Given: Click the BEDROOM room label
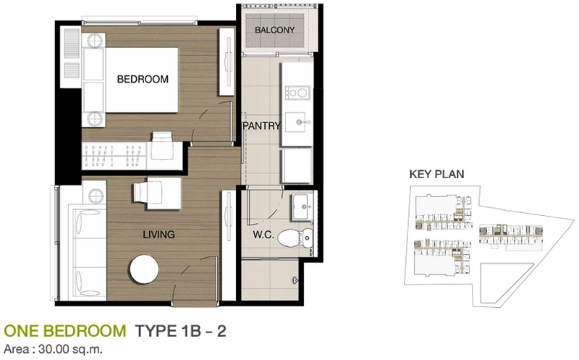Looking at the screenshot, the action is click(x=143, y=79).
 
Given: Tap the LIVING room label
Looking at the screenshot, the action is click(x=159, y=235).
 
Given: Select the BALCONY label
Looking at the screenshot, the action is click(x=275, y=30).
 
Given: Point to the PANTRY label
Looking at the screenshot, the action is click(x=262, y=126).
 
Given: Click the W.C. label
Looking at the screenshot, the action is click(x=263, y=235).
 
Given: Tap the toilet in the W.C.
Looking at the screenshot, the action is click(x=295, y=238).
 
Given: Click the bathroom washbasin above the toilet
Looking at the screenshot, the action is click(x=303, y=207).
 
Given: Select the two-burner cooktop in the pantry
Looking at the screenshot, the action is click(x=297, y=92).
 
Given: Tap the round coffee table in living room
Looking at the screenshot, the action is click(x=144, y=269).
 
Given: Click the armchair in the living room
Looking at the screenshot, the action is click(x=157, y=193).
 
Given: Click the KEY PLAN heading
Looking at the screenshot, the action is click(x=436, y=174).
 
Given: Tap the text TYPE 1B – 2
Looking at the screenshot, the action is click(x=180, y=331).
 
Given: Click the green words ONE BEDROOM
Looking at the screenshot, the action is click(x=65, y=331).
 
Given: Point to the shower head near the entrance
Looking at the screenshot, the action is click(x=295, y=280).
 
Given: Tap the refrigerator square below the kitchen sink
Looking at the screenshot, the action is click(x=296, y=166).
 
